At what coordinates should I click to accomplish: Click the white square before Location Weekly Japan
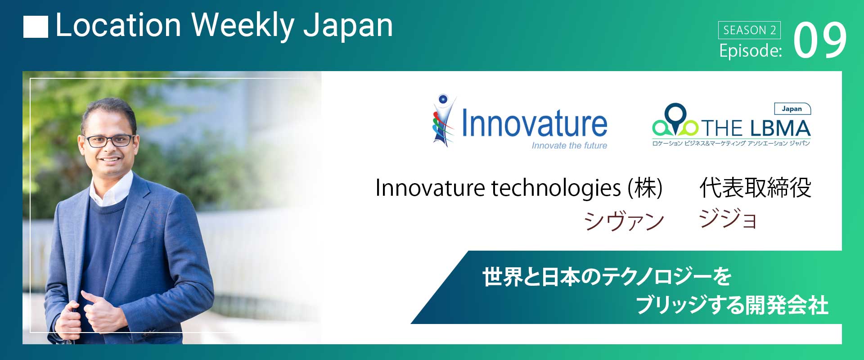36,27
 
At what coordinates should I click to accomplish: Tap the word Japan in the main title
348,27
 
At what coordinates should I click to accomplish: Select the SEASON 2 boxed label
749,30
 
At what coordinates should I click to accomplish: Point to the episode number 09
820,40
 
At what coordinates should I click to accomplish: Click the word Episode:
750,51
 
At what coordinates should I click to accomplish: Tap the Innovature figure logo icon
443,121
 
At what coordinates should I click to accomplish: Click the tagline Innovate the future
569,145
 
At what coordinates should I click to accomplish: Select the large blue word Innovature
535,122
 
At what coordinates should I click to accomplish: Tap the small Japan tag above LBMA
792,108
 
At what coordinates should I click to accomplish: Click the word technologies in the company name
556,189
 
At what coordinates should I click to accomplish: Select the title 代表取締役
755,188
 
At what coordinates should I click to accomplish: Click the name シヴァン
624,220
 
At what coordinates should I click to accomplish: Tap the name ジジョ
728,219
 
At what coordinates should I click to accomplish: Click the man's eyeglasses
109,140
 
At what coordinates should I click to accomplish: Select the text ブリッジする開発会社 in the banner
732,305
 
